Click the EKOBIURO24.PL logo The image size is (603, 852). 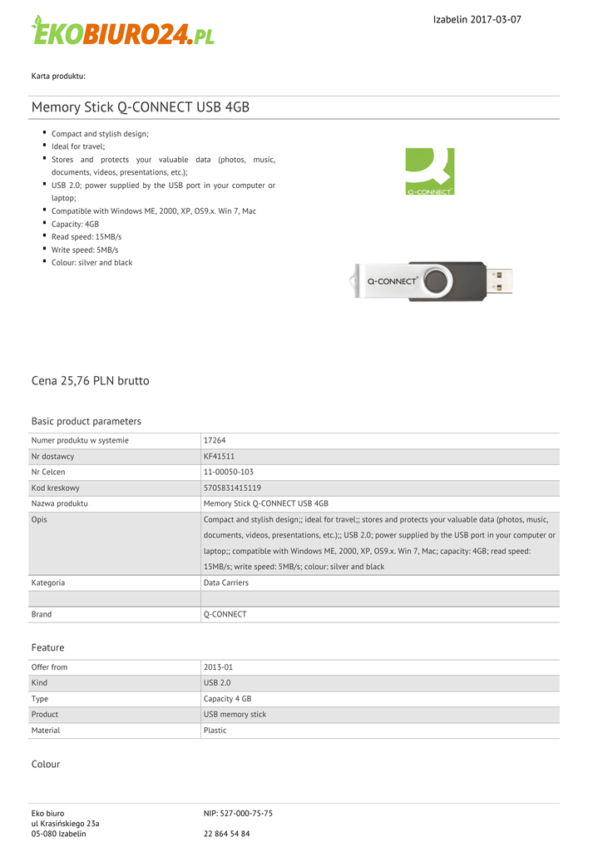[x=123, y=31]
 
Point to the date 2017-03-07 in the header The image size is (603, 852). [x=496, y=19]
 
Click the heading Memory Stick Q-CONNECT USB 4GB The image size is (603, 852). [x=141, y=107]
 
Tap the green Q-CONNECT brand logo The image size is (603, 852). [x=429, y=171]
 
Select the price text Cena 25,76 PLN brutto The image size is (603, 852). [x=91, y=381]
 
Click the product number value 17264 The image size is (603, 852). [x=215, y=440]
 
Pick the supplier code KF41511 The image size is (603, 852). [x=220, y=456]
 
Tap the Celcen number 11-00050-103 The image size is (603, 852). [x=229, y=472]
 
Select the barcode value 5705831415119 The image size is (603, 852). [x=232, y=488]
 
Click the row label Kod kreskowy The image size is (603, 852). [x=55, y=488]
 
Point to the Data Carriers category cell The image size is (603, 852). [x=226, y=582]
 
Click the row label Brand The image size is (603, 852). [x=42, y=614]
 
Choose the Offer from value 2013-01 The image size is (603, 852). [x=219, y=667]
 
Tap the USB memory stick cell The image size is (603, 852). [x=235, y=714]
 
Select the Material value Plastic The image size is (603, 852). [x=215, y=730]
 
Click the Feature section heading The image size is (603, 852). [x=47, y=647]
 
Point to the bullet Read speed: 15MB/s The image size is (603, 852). [x=86, y=237]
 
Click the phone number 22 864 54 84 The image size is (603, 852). [x=227, y=834]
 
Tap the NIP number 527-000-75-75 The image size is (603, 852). [x=238, y=813]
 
